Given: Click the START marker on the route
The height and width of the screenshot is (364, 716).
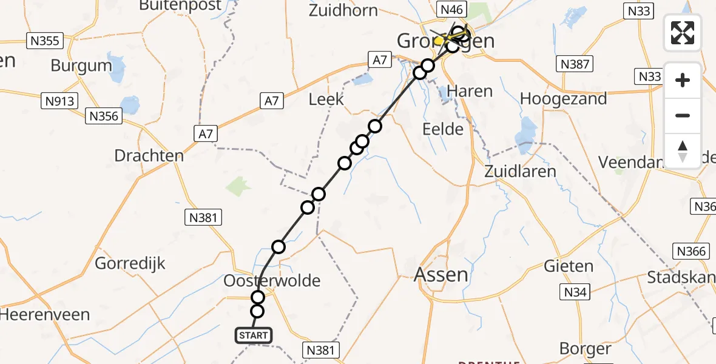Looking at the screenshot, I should (x=253, y=335).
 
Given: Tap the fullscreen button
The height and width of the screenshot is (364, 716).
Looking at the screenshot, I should (x=683, y=32).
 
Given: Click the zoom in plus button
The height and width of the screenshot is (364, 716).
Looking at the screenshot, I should (x=683, y=80).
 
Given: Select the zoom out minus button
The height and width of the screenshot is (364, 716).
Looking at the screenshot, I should (x=683, y=115).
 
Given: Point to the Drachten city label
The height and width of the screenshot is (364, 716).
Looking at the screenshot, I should (x=149, y=155).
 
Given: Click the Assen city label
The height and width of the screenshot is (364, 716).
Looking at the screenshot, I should (x=441, y=275).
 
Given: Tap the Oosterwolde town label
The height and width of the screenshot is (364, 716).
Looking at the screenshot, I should (x=272, y=280).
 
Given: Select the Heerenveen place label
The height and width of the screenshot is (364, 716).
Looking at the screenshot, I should (x=45, y=315).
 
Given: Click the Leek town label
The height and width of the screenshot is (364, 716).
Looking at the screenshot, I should (x=326, y=99).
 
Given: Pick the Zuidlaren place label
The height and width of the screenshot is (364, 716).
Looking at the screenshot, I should (x=520, y=171).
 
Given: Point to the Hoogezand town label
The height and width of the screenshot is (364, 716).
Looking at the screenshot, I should (x=563, y=99).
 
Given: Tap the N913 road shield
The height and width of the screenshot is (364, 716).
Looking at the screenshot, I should (x=60, y=101).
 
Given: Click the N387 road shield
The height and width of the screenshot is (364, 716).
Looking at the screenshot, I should (x=575, y=64).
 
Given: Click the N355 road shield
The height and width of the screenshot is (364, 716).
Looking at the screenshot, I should (x=44, y=41).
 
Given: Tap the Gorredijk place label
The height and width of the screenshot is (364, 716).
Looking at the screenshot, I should (x=130, y=264).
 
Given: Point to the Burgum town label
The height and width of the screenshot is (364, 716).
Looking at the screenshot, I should (x=81, y=66).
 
